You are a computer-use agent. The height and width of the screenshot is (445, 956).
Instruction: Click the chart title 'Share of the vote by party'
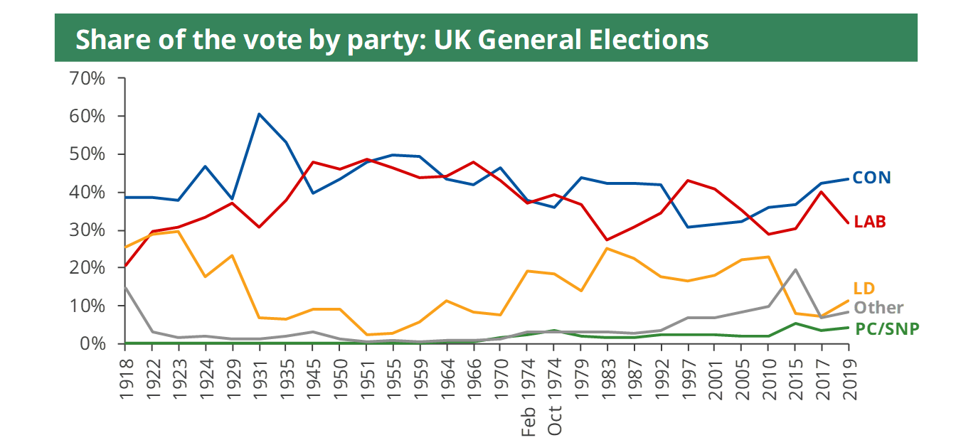[x=392, y=39]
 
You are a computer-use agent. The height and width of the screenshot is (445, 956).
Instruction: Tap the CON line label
[x=871, y=178]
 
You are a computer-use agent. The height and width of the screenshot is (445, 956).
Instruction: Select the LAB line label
[x=871, y=222]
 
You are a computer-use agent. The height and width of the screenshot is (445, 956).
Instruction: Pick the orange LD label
[x=864, y=289]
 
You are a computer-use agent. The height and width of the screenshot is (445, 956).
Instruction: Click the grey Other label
[x=878, y=308]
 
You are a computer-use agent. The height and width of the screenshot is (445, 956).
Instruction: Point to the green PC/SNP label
[x=886, y=328]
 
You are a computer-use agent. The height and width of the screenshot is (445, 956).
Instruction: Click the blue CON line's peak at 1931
[x=259, y=114]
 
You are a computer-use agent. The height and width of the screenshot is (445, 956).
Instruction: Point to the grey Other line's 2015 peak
[x=795, y=269]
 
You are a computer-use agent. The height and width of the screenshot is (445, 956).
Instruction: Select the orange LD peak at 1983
[x=607, y=248]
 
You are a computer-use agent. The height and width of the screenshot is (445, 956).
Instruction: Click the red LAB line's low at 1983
[x=607, y=240]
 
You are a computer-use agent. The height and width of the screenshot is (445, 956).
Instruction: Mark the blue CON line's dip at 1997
[x=688, y=227]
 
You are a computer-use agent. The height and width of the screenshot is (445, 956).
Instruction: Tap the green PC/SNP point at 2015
[x=795, y=323]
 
